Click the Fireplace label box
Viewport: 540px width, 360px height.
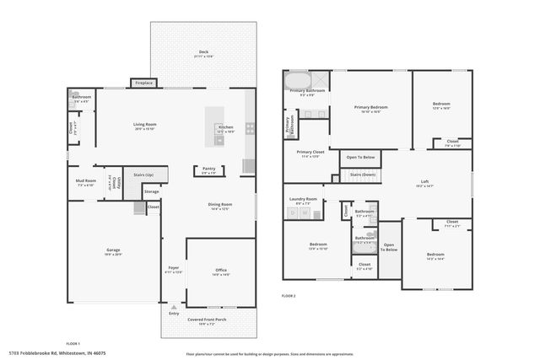[x=143, y=83]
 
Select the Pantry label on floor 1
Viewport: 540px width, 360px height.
[x=208, y=170]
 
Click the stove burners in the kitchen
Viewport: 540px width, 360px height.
[x=250, y=129]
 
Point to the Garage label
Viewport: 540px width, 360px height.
[x=113, y=251]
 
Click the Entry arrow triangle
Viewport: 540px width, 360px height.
[x=174, y=308]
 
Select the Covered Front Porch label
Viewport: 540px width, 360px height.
[x=207, y=320]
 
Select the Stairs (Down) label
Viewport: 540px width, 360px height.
[x=361, y=175]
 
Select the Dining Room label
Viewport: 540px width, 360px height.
[x=220, y=206]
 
